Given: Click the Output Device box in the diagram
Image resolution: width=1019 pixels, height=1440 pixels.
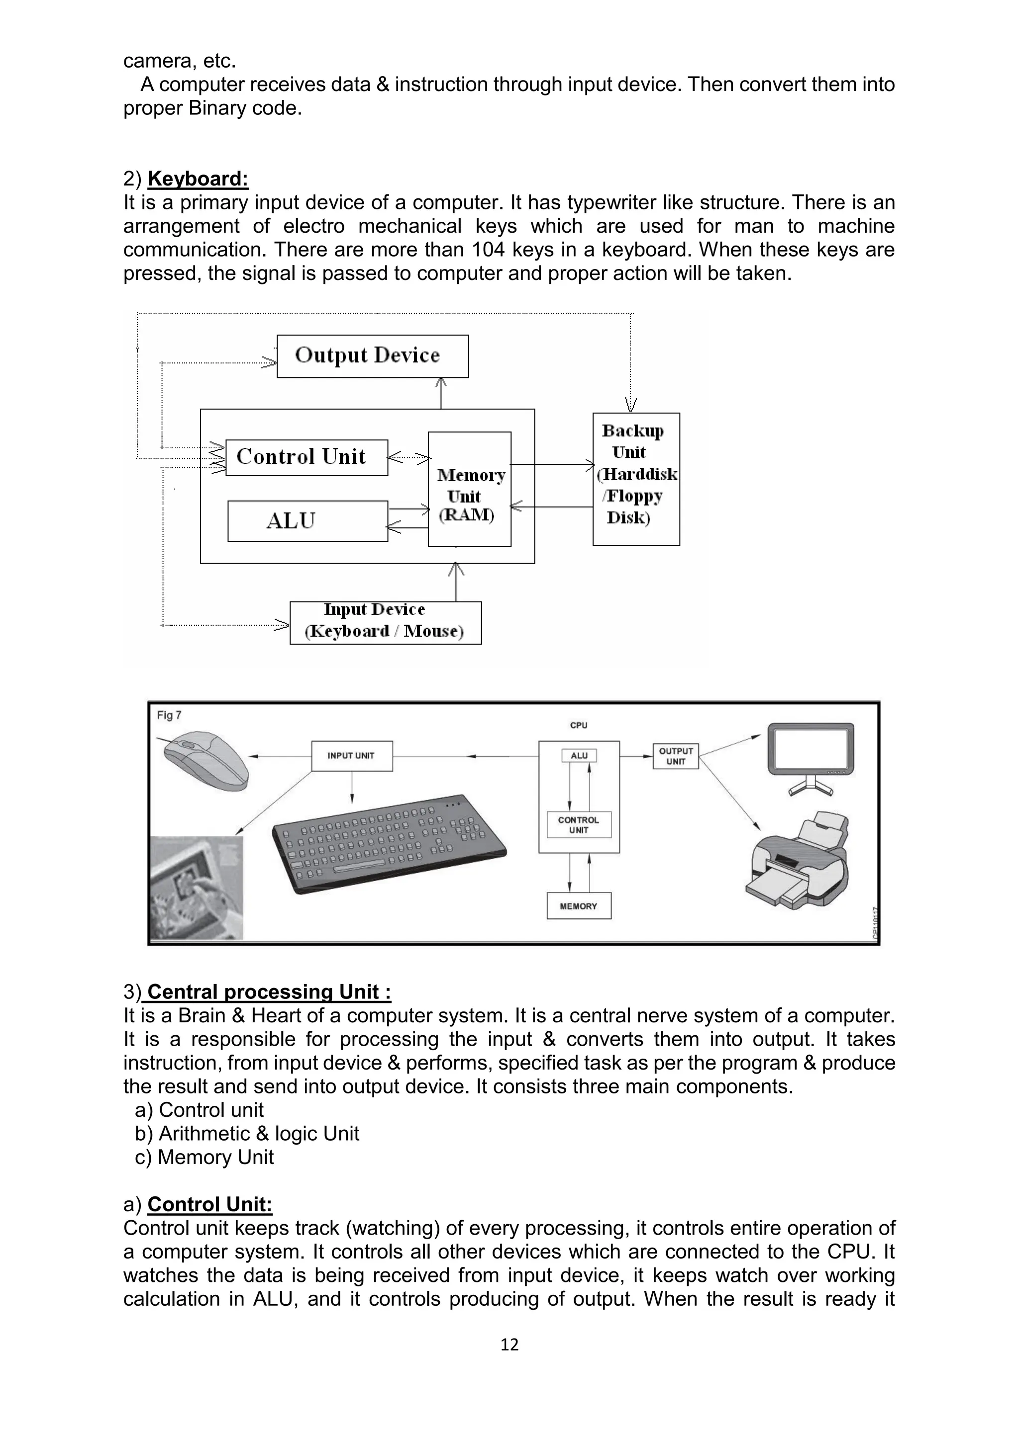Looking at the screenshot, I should pyautogui.click(x=373, y=356).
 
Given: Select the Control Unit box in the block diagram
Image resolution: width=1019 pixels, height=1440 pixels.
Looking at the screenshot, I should pyautogui.click(x=306, y=457).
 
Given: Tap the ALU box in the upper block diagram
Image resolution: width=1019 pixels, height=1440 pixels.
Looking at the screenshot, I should pyautogui.click(x=307, y=521).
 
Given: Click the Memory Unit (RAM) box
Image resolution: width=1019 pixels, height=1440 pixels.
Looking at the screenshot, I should pyautogui.click(x=469, y=489).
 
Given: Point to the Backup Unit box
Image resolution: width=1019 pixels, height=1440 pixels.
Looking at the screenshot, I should pyautogui.click(x=635, y=478).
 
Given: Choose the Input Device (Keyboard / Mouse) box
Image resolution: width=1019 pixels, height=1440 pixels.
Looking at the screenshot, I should pyautogui.click(x=385, y=622).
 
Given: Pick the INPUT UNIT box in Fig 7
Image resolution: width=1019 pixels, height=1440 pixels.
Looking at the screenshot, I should pyautogui.click(x=351, y=756).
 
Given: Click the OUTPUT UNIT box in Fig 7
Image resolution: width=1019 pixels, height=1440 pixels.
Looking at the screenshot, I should pyautogui.click(x=675, y=756).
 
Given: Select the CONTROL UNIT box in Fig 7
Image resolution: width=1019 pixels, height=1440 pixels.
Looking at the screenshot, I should pyautogui.click(x=579, y=825).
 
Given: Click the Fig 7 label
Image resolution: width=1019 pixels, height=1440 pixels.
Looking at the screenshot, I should pyautogui.click(x=169, y=715).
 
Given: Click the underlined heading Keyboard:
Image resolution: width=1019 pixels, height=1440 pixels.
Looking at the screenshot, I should pyautogui.click(x=198, y=179).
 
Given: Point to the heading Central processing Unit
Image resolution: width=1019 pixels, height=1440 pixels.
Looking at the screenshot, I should pyautogui.click(x=269, y=991).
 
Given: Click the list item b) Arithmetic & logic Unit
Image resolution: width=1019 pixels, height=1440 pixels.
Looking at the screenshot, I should pyautogui.click(x=247, y=1133).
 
